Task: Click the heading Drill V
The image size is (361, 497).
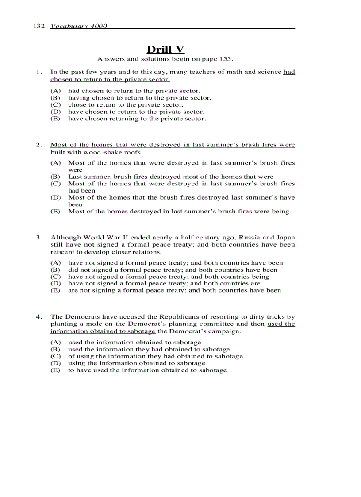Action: pos(165,49)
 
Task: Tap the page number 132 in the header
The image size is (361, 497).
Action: pos(39,26)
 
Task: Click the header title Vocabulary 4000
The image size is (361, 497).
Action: pos(79,26)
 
